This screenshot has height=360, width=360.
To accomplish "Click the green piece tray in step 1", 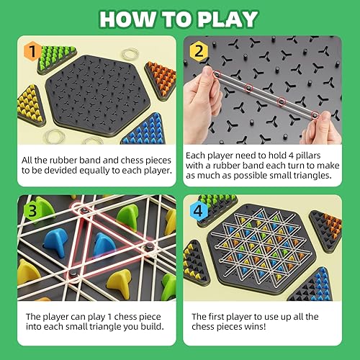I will click(57, 54).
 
